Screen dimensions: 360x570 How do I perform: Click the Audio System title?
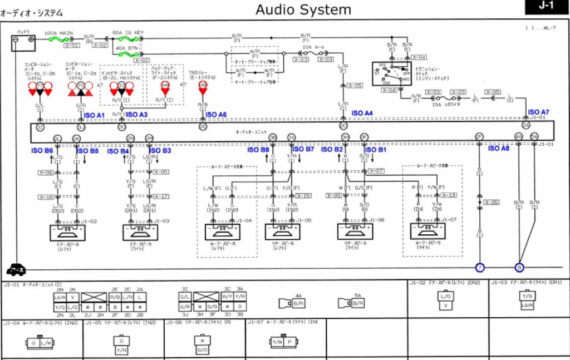[303, 9]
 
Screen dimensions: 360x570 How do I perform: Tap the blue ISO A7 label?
[538, 112]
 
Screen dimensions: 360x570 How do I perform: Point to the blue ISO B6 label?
[42, 151]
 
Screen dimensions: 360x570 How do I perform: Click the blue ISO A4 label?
[362, 113]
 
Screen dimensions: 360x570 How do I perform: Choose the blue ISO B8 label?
[258, 149]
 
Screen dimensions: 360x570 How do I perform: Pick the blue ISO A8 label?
[499, 148]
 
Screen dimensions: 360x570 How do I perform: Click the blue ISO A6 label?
[216, 115]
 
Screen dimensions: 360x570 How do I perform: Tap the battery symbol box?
[24, 40]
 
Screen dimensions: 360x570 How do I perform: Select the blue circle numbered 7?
[480, 268]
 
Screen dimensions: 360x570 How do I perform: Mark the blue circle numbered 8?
[519, 268]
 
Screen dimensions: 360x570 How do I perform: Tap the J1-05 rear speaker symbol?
[283, 231]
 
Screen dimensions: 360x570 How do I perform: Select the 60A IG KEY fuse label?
[128, 33]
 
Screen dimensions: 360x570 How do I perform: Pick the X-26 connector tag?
[491, 203]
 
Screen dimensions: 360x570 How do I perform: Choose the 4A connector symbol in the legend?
[294, 303]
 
